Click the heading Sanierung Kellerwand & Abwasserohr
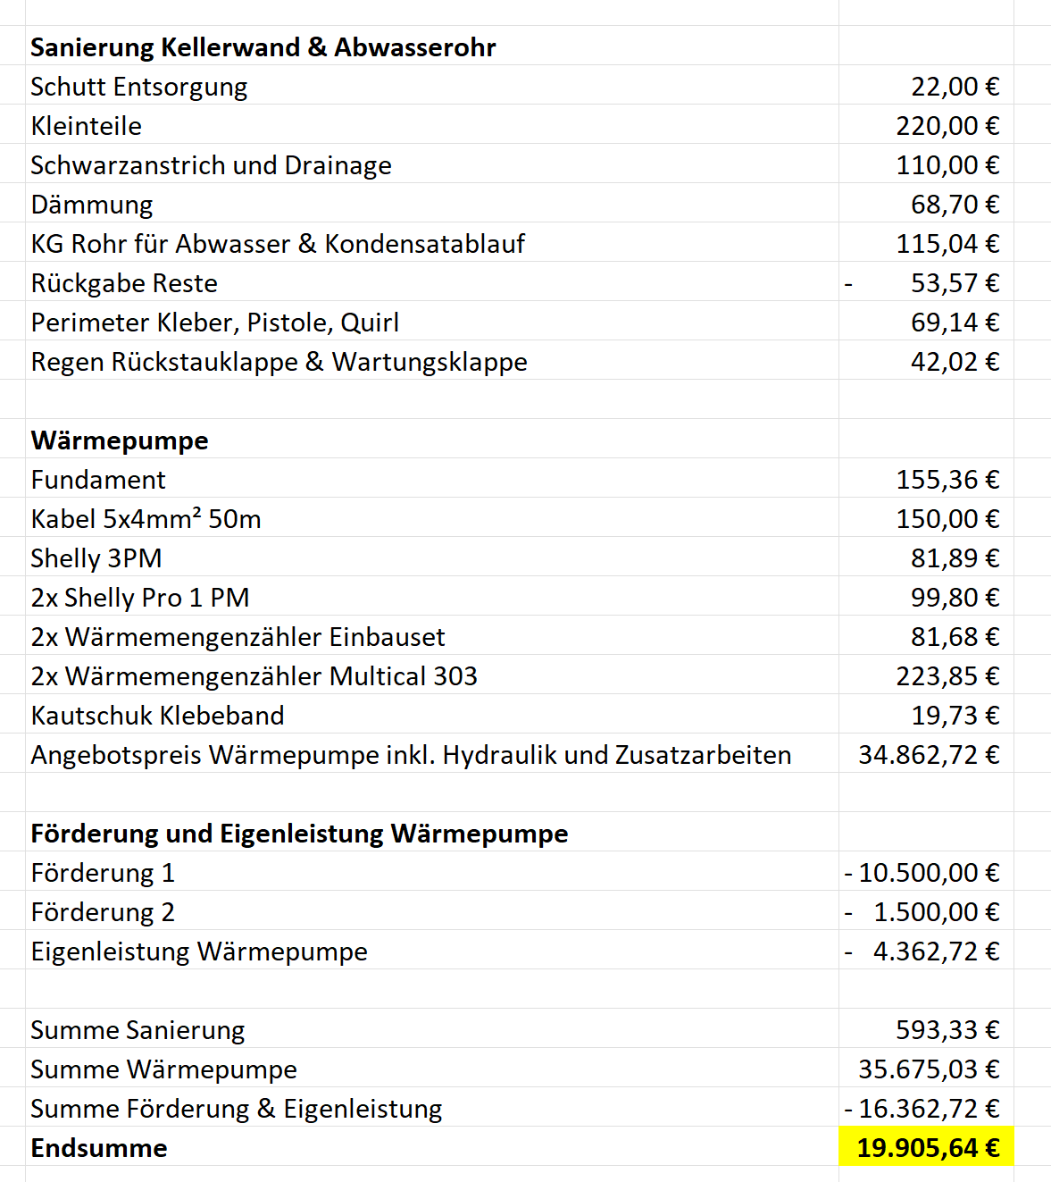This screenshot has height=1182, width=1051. tap(263, 47)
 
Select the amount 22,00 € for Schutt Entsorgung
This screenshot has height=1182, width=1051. tap(955, 87)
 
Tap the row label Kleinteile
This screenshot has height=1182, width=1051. tap(86, 126)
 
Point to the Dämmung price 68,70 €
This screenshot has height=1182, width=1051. tap(955, 205)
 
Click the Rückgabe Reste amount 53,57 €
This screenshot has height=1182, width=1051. tap(955, 283)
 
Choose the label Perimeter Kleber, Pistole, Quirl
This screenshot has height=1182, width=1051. tap(214, 323)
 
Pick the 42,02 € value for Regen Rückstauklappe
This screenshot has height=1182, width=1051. tap(955, 362)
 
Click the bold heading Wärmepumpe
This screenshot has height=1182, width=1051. tap(120, 440)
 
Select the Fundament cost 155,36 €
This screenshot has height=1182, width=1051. tap(947, 480)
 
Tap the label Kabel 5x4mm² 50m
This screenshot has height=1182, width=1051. tap(146, 519)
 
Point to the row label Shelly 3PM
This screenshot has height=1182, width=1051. tap(96, 558)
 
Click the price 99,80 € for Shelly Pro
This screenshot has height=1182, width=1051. tap(955, 598)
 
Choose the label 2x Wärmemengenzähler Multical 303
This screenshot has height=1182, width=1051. tap(254, 676)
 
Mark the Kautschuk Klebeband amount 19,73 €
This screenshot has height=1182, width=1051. tap(955, 716)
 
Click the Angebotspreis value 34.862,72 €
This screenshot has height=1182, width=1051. tap(929, 755)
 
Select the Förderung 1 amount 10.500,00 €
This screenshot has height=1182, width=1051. tap(929, 873)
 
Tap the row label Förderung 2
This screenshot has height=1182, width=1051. tap(103, 912)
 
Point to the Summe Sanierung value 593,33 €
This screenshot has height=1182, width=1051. tap(947, 1030)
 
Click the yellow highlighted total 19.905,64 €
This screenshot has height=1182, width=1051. tap(928, 1148)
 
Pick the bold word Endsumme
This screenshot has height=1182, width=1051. tap(99, 1148)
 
